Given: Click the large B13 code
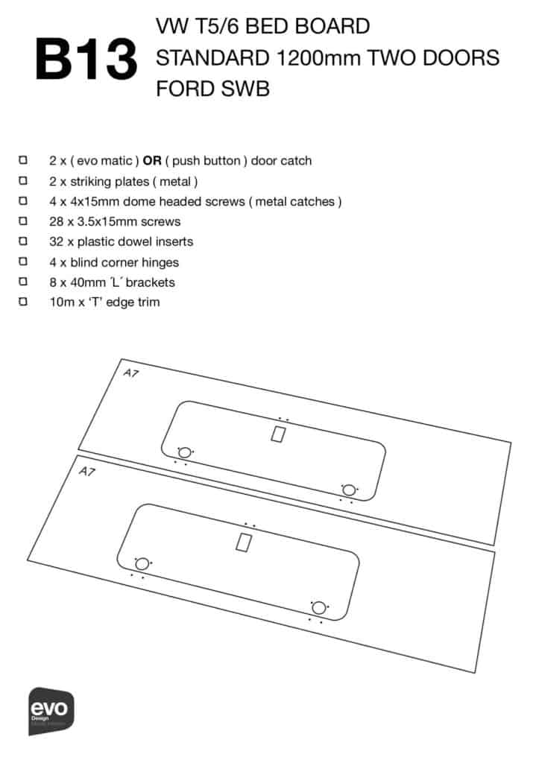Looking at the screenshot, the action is click(86, 60).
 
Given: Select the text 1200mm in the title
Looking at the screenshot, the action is click(318, 58).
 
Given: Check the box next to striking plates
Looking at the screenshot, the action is click(23, 180).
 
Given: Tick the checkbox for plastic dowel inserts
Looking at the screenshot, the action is click(23, 241).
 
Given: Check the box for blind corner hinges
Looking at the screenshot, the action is click(23, 262).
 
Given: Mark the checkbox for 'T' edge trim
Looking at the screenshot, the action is click(23, 302).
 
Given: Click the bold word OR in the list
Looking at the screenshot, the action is click(152, 161).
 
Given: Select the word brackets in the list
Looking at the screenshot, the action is click(150, 282).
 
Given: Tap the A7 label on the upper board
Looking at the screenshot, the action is click(130, 373).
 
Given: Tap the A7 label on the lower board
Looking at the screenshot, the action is click(86, 471).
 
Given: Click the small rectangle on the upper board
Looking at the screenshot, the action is click(278, 434).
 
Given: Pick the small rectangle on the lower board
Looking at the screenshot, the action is click(244, 542).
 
